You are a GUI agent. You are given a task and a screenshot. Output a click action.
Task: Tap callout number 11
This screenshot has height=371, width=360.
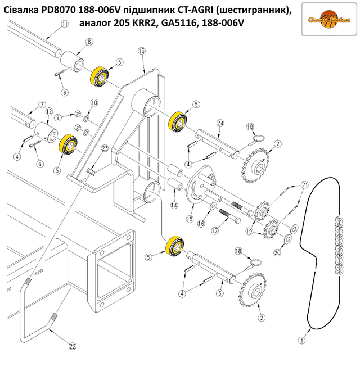pyautogui.click(x=64, y=24)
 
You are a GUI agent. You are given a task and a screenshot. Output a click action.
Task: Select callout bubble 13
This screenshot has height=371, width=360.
pyautogui.click(x=142, y=51)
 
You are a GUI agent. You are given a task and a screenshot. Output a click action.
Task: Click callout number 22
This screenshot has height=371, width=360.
pyautogui.click(x=72, y=347)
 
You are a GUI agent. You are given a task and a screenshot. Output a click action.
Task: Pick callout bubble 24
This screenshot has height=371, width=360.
pyautogui.click(x=220, y=123)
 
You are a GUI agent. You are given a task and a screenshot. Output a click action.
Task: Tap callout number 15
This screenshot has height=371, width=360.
pyautogui.click(x=190, y=219)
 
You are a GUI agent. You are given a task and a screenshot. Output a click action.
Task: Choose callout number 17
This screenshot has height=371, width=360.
pyautogui.click(x=214, y=231)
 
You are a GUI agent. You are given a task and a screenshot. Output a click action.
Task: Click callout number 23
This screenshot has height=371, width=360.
pyautogui.click(x=104, y=148)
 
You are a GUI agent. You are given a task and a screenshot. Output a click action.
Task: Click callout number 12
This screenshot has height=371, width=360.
pyautogui.click(x=49, y=111)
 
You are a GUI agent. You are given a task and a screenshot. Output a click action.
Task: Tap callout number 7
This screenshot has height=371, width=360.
pyautogui.click(x=41, y=104)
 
